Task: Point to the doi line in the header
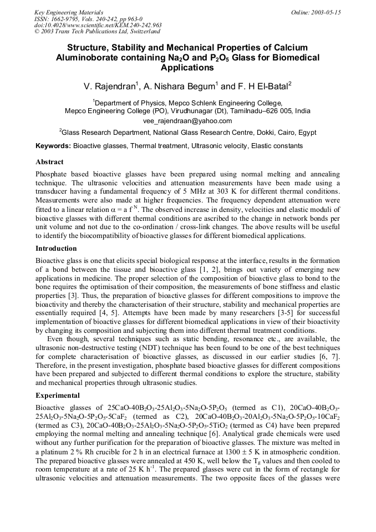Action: tap(97, 26)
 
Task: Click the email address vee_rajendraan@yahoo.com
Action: tap(187, 120)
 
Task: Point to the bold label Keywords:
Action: tap(53, 146)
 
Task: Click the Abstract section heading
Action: tap(49, 162)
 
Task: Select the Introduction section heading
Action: tap(56, 248)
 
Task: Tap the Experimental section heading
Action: tap(58, 395)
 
